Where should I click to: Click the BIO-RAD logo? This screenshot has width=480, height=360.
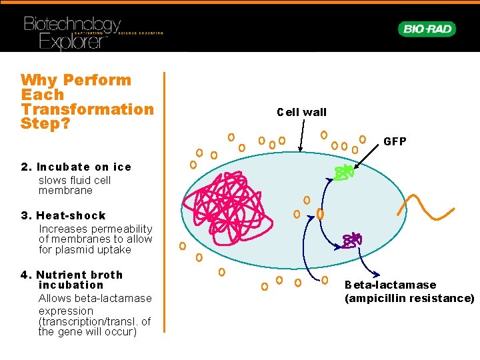tap(426, 29)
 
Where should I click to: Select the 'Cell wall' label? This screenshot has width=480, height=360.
tap(301, 112)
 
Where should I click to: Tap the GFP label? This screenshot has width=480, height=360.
tap(395, 142)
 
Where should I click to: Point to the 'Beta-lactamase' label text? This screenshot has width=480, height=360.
tap(390, 285)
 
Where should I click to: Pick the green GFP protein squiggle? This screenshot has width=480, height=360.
tap(344, 173)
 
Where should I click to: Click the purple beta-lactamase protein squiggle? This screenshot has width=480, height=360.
tap(351, 239)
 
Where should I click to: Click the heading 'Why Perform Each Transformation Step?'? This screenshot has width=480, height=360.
tap(87, 101)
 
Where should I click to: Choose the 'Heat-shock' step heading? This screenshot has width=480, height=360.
tap(72, 215)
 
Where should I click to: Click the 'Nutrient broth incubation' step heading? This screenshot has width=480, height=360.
tap(80, 279)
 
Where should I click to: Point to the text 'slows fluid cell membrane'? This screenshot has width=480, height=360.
tap(75, 185)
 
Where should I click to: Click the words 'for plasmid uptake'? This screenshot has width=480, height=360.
tap(85, 250)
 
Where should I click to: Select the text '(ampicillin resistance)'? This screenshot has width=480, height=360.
tap(409, 298)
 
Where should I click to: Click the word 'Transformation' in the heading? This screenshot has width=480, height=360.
tap(87, 109)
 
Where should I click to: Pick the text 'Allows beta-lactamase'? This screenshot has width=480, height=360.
tap(95, 298)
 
